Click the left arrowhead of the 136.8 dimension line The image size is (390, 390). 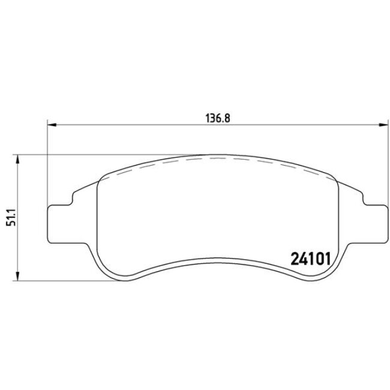click(x=51, y=125)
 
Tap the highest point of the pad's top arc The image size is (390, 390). click(x=217, y=154)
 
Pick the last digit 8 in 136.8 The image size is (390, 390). click(x=228, y=118)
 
